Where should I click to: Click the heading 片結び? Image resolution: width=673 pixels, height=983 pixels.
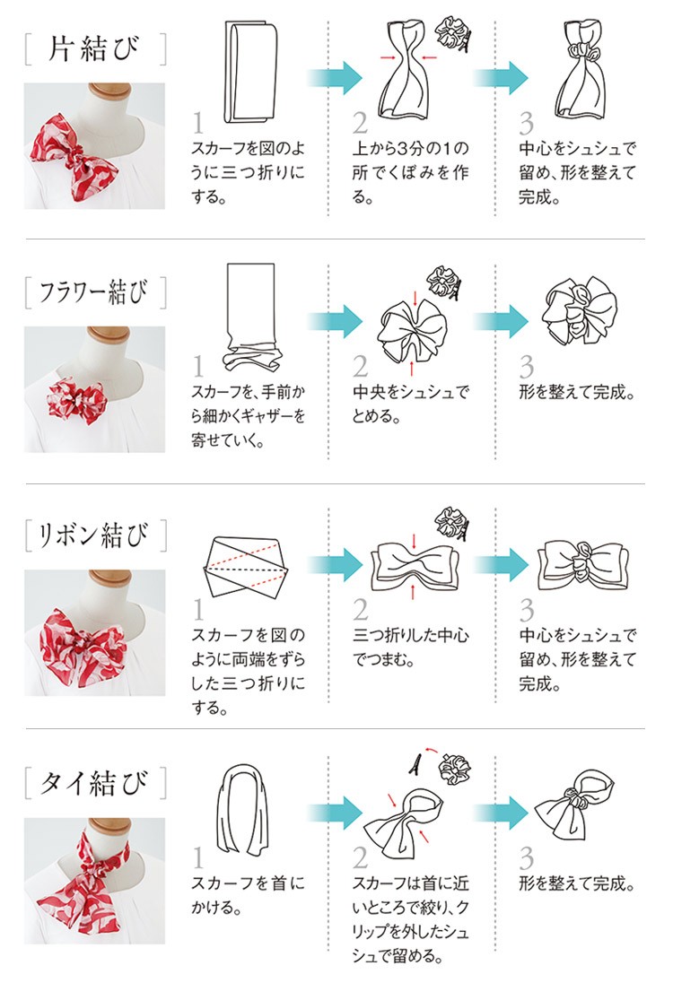coord(94,49)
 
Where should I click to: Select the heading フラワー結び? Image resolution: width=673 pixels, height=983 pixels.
coord(94,292)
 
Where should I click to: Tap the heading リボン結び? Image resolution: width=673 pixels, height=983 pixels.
coord(94,535)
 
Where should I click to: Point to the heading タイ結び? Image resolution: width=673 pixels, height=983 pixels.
coord(94,782)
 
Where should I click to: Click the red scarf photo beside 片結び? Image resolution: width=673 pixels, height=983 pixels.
coord(95,146)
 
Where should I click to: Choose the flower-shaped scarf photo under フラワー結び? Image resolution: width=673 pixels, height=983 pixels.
coord(95,389)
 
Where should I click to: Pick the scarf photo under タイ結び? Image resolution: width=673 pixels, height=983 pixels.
coord(95,881)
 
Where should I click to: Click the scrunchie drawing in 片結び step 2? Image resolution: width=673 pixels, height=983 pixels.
coord(452,32)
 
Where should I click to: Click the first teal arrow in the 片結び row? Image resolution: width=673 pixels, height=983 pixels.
coord(335,78)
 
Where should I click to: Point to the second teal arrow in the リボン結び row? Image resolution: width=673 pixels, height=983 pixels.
coord(501,564)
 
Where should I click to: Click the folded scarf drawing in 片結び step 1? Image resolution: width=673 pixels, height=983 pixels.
coord(250,72)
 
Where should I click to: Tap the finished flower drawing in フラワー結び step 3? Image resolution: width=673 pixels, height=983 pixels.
coord(580,310)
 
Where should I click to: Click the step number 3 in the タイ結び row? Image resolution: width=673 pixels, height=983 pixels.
coord(527,858)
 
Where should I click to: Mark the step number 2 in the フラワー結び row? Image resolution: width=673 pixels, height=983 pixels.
coord(360,366)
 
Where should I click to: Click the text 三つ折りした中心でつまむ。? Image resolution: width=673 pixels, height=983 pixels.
coord(410,648)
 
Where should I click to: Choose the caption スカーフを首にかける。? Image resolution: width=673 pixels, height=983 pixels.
coord(248,895)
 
